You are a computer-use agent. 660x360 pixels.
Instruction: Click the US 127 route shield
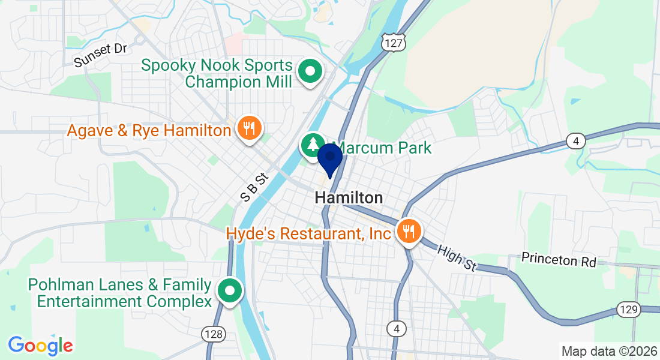click(394, 41)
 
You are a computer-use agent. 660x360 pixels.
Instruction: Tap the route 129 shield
click(628, 310)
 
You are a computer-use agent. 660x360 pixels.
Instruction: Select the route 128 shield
click(214, 334)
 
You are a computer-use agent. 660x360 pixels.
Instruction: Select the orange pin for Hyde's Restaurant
click(409, 230)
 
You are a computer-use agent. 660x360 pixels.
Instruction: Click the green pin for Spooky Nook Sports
click(310, 72)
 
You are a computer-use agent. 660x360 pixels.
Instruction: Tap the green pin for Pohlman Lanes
click(230, 291)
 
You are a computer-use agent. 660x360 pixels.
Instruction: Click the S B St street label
click(253, 187)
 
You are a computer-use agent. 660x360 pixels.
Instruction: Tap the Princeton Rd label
click(559, 260)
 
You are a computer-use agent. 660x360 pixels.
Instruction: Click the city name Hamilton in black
click(349, 197)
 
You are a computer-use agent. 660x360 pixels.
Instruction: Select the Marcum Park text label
click(383, 148)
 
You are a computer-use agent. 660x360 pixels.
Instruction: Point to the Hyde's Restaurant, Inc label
click(308, 233)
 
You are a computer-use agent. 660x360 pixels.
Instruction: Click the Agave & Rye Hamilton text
click(149, 130)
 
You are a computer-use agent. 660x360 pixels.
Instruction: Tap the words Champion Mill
click(239, 82)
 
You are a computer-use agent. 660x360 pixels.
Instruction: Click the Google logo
click(41, 345)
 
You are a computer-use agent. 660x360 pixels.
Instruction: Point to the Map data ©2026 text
click(609, 351)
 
